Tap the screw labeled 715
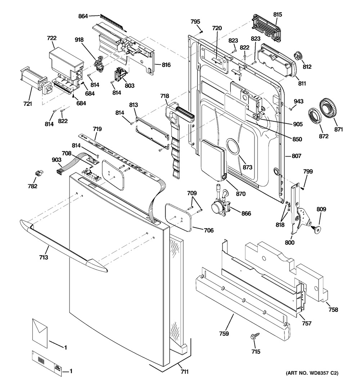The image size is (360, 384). [x=252, y=336]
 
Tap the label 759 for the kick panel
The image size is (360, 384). [x=224, y=334]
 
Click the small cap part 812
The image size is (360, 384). [x=297, y=56]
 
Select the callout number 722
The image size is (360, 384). [x=52, y=38]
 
